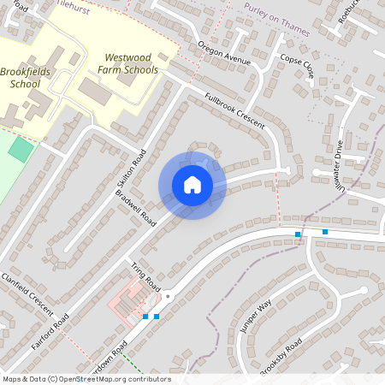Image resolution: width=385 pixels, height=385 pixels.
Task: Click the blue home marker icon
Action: click(192, 185)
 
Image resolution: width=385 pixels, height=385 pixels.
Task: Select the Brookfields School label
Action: click(26, 78)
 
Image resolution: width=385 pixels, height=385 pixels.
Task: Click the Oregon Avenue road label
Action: click(223, 53)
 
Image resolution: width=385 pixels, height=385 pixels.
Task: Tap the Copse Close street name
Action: click(297, 66)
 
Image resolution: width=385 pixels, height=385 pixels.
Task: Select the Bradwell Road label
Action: click(139, 214)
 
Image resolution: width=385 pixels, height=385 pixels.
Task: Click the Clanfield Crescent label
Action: click(27, 292)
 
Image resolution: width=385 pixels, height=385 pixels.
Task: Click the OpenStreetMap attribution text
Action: click(86, 379)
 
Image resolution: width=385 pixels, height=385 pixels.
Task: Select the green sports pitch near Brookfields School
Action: click(21, 147)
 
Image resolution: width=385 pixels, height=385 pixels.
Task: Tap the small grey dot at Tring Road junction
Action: click(168, 296)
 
